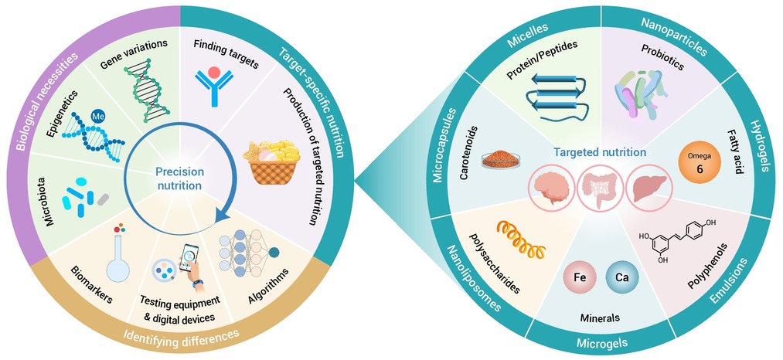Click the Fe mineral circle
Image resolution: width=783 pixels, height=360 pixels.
580,277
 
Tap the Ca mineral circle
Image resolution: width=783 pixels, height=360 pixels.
622,277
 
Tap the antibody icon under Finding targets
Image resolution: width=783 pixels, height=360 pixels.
214,86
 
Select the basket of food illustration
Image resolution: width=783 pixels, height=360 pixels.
271,161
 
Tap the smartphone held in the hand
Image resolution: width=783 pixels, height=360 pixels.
189,256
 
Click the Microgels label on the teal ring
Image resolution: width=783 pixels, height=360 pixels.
601,343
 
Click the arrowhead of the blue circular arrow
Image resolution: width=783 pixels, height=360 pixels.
220,216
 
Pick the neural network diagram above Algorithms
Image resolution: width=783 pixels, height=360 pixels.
250,248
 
